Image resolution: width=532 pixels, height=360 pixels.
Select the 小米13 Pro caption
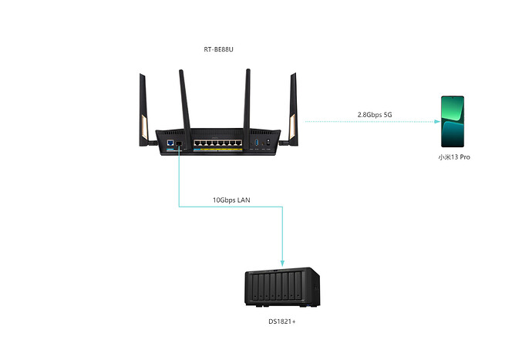click(x=453, y=156)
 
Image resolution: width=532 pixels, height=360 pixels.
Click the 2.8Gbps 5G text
click(x=375, y=115)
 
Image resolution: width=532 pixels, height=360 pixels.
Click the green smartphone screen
click(x=453, y=121)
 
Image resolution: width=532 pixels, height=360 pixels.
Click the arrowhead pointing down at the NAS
click(x=283, y=263)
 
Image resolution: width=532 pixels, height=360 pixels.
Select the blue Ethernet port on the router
click(x=169, y=143)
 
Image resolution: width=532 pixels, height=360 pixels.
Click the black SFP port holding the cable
click(x=180, y=143)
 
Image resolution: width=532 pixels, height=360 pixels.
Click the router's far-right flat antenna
click(x=293, y=108)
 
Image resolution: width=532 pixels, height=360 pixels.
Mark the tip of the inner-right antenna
click(x=248, y=72)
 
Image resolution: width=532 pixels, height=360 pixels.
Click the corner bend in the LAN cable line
click(x=180, y=207)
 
